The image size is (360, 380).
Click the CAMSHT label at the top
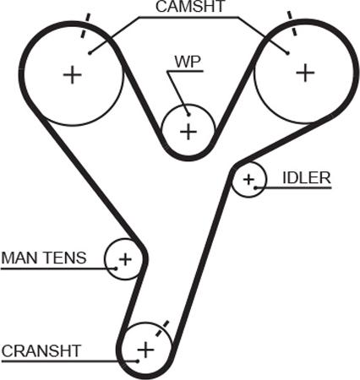pyautogui.click(x=191, y=7)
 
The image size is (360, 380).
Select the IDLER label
pyautogui.click(x=307, y=178)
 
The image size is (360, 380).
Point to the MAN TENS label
pyautogui.click(x=44, y=258)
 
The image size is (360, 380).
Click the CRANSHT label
pyautogui.click(x=41, y=351)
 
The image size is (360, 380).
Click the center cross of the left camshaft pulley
pyautogui.click(x=73, y=75)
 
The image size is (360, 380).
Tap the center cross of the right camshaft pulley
pyautogui.click(x=305, y=73)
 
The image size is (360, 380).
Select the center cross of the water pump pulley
pyautogui.click(x=188, y=132)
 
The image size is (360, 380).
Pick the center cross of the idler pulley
pyautogui.click(x=248, y=179)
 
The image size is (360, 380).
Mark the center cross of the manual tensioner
pyautogui.click(x=125, y=259)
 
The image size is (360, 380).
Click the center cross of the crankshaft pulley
pyautogui.click(x=145, y=350)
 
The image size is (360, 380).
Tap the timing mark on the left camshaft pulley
pyautogui.click(x=85, y=25)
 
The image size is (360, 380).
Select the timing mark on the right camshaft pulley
pyautogui.click(x=292, y=24)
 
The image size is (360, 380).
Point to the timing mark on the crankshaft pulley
pyautogui.click(x=162, y=328)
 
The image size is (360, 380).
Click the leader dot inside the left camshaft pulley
pyautogui.click(x=90, y=52)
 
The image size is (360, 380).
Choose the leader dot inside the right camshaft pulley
pyautogui.click(x=287, y=53)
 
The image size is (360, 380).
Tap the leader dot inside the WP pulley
pyautogui.click(x=188, y=115)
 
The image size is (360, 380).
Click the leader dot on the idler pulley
pyautogui.click(x=255, y=187)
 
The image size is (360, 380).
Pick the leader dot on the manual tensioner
pyautogui.click(x=116, y=269)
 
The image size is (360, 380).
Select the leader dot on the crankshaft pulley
pyautogui.click(x=137, y=361)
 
